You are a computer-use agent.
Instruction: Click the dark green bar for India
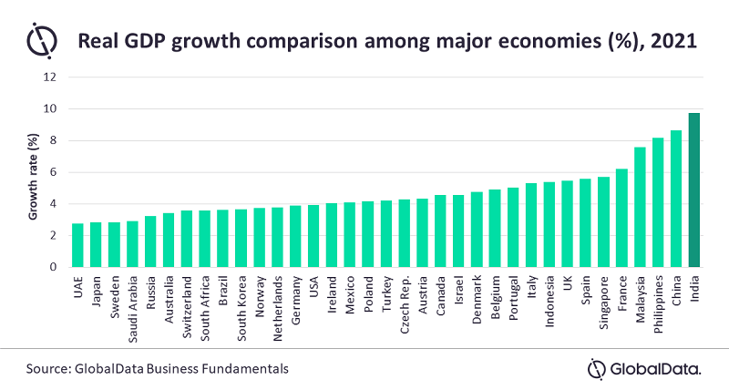[693, 190]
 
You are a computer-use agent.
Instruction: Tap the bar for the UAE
[78, 246]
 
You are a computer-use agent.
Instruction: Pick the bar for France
[621, 219]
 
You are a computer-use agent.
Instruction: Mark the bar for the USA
[313, 237]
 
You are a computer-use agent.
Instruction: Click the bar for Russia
[150, 242]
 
